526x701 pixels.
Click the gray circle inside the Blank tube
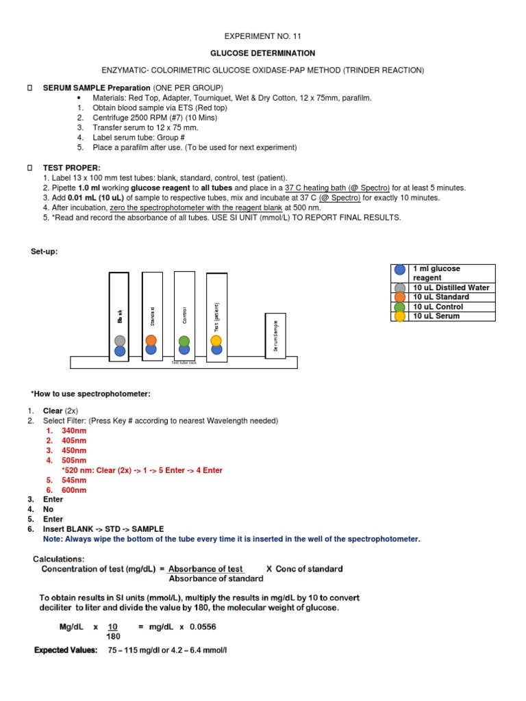pos(120,340)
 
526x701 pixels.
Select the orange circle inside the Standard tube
pos(151,340)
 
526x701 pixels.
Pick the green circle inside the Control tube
pos(184,340)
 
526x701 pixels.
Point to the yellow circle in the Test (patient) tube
pos(216,340)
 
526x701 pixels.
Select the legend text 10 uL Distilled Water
pos(451,288)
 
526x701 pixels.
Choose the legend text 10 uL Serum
pos(436,316)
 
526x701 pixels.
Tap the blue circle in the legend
pos(399,270)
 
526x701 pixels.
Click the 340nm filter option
pos(74,431)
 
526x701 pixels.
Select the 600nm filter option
pos(74,489)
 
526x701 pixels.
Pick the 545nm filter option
pos(74,480)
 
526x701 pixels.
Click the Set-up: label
pos(45,251)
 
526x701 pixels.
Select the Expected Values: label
pos(66,650)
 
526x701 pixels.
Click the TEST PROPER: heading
pos(71,167)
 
